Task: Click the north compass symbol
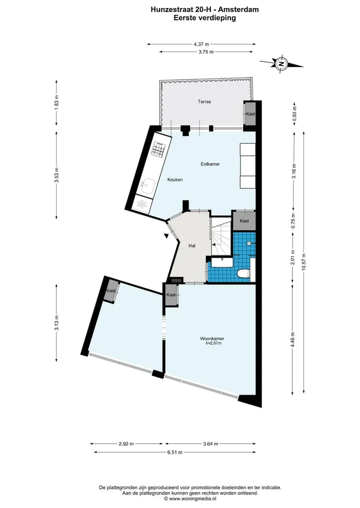[281, 63]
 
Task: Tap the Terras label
[204, 102]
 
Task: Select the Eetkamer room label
[210, 164]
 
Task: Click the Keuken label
[175, 179]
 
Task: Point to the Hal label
[192, 246]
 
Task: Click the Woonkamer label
[212, 339]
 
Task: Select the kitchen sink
[148, 186]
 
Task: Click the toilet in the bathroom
[243, 274]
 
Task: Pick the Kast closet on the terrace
[249, 113]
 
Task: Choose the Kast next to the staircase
[244, 221]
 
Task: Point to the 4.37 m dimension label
[201, 44]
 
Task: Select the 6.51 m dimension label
[175, 452]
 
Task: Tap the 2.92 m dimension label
[126, 444]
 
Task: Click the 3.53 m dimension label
[57, 175]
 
